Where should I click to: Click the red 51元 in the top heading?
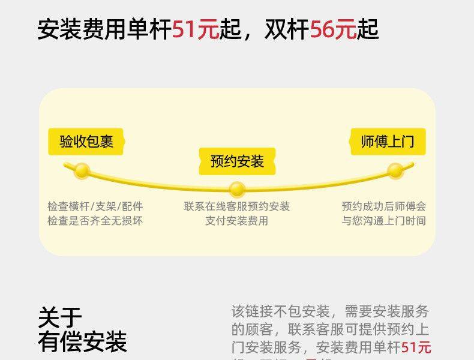(195, 29)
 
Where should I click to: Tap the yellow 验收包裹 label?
(86, 142)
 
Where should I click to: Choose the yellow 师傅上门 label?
(388, 142)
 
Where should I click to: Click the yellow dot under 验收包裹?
(82, 171)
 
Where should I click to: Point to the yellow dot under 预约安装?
(237, 190)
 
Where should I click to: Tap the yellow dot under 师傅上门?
(395, 170)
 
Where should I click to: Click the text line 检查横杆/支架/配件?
(95, 206)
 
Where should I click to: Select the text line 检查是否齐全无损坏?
(95, 221)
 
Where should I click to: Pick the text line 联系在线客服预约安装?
(237, 206)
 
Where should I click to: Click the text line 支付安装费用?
(237, 221)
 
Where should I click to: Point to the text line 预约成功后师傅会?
(384, 206)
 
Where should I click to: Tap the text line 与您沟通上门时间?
(384, 221)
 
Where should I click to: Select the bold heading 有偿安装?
(82, 341)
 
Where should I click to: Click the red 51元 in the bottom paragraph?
(416, 347)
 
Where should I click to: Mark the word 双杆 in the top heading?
(287, 29)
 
